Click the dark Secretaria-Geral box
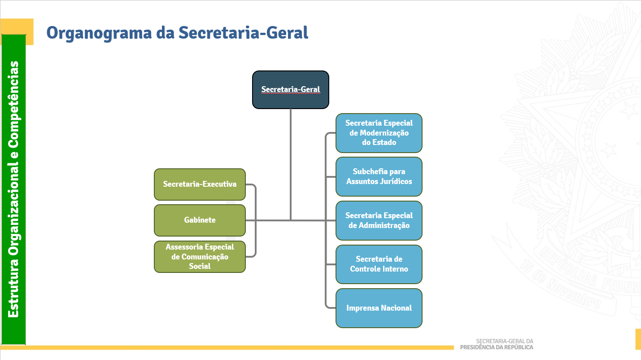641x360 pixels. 291,89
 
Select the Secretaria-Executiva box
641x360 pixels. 200,184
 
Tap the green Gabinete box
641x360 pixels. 200,220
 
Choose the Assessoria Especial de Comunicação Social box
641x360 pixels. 200,257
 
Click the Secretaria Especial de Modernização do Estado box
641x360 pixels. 379,133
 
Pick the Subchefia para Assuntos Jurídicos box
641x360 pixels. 379,176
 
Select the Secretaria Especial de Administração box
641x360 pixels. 379,220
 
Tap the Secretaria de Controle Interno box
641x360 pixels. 379,264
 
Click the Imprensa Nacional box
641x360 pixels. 379,308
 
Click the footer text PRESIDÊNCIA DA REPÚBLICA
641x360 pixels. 497,347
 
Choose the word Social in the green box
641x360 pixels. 200,266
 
